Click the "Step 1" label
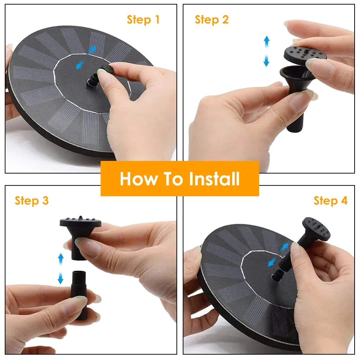tap(143, 19)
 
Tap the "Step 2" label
tap(211, 19)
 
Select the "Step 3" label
tap(32, 201)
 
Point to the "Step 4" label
tap(330, 201)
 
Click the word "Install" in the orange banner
tap(214, 179)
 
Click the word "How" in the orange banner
tap(139, 179)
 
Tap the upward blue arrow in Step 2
tap(266, 41)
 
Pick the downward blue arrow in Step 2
tap(266, 60)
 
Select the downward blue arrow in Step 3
tap(60, 278)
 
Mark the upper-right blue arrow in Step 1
tap(92, 50)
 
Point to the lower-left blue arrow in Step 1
tap(80, 64)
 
